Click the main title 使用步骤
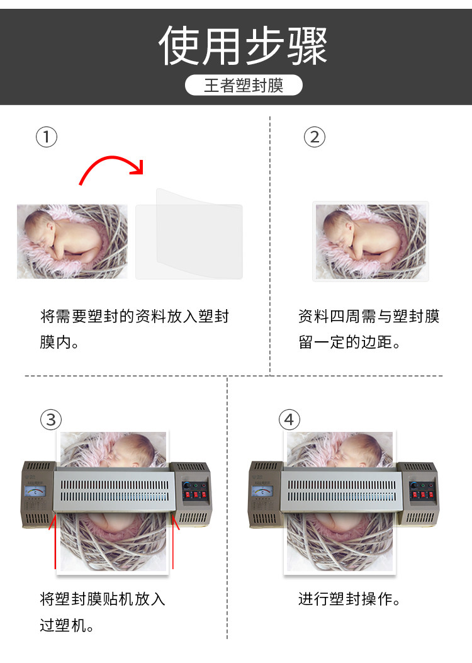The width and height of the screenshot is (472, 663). coord(243,45)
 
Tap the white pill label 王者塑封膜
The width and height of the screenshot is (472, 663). coord(244,85)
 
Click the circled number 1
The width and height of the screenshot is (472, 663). coord(47,137)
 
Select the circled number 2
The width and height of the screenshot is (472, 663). coord(315,137)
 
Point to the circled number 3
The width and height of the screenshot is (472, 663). coord(51,419)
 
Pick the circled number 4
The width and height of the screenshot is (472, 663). coord(289,419)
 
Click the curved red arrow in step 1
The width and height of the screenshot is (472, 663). coord(111,158)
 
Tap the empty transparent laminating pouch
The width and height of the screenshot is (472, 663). coord(189,234)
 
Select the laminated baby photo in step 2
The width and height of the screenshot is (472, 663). coord(371,241)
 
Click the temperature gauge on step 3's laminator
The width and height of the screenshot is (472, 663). coord(35,492)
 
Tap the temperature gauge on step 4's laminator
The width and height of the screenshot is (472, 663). coord(262,492)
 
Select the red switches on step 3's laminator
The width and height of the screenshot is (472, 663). coord(195,494)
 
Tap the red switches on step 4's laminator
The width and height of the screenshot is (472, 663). coord(422,494)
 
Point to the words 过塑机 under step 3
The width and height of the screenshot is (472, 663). coord(63,625)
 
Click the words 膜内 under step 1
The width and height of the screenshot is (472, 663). coord(55,342)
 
